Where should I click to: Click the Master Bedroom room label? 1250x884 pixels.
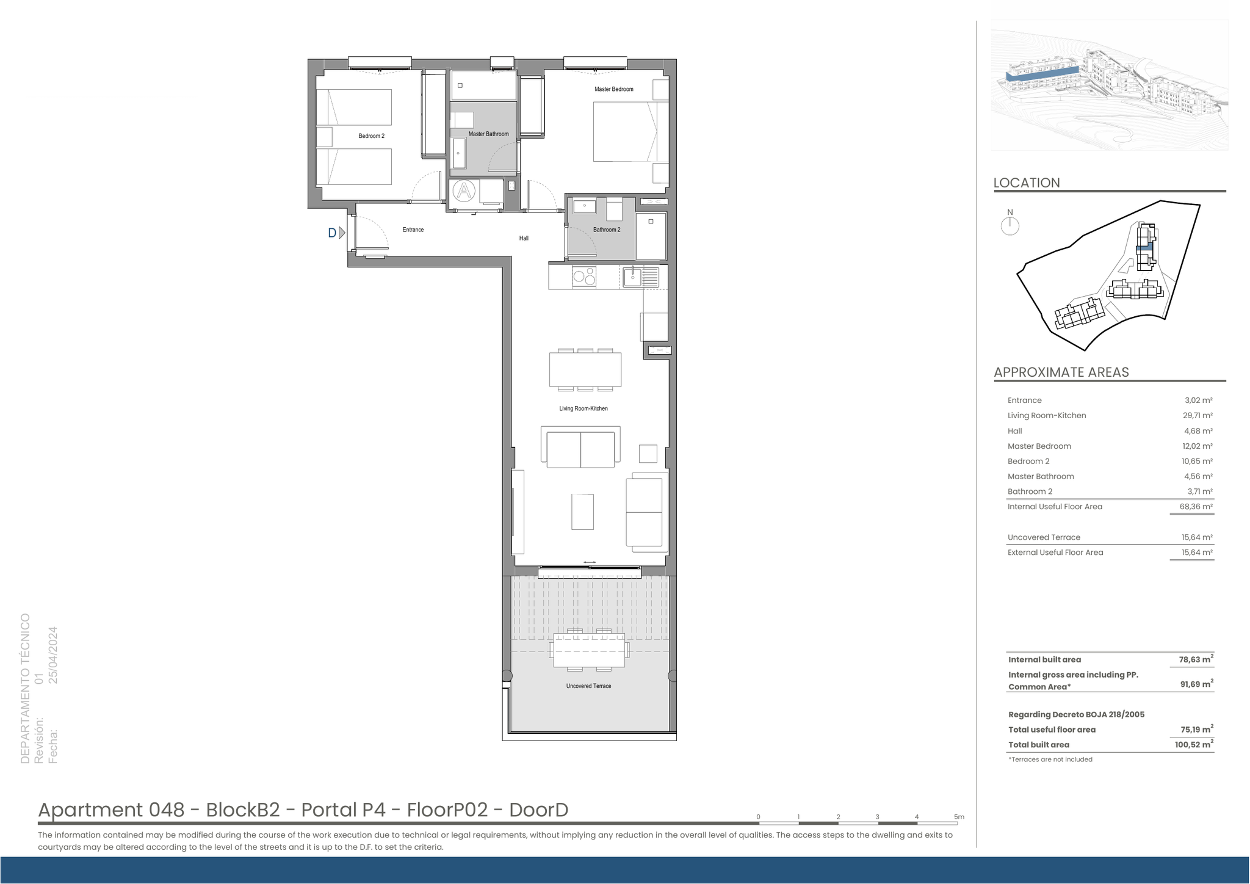point(613,89)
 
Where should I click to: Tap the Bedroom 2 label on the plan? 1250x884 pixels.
point(371,136)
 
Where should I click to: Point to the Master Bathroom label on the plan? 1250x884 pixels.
point(488,134)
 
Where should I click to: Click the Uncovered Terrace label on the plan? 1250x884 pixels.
point(588,686)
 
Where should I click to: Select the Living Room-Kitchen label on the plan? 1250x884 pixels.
point(583,408)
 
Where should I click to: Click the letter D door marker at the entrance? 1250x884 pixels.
point(332,233)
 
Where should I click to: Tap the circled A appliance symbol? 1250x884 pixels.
point(464,191)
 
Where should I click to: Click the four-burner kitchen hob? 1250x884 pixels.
point(584,277)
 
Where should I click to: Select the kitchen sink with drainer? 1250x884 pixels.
point(640,277)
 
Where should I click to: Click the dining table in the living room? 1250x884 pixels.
point(585,370)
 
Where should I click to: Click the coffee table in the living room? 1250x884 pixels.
point(582,512)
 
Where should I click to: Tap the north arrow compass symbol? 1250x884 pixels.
point(1010,225)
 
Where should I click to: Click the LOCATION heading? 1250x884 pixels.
point(1027,183)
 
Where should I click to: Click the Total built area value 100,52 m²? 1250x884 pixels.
point(1194,744)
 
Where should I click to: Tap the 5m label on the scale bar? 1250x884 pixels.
point(959,817)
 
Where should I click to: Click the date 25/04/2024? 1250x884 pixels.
point(53,655)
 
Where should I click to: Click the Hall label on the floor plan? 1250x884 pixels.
point(524,238)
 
